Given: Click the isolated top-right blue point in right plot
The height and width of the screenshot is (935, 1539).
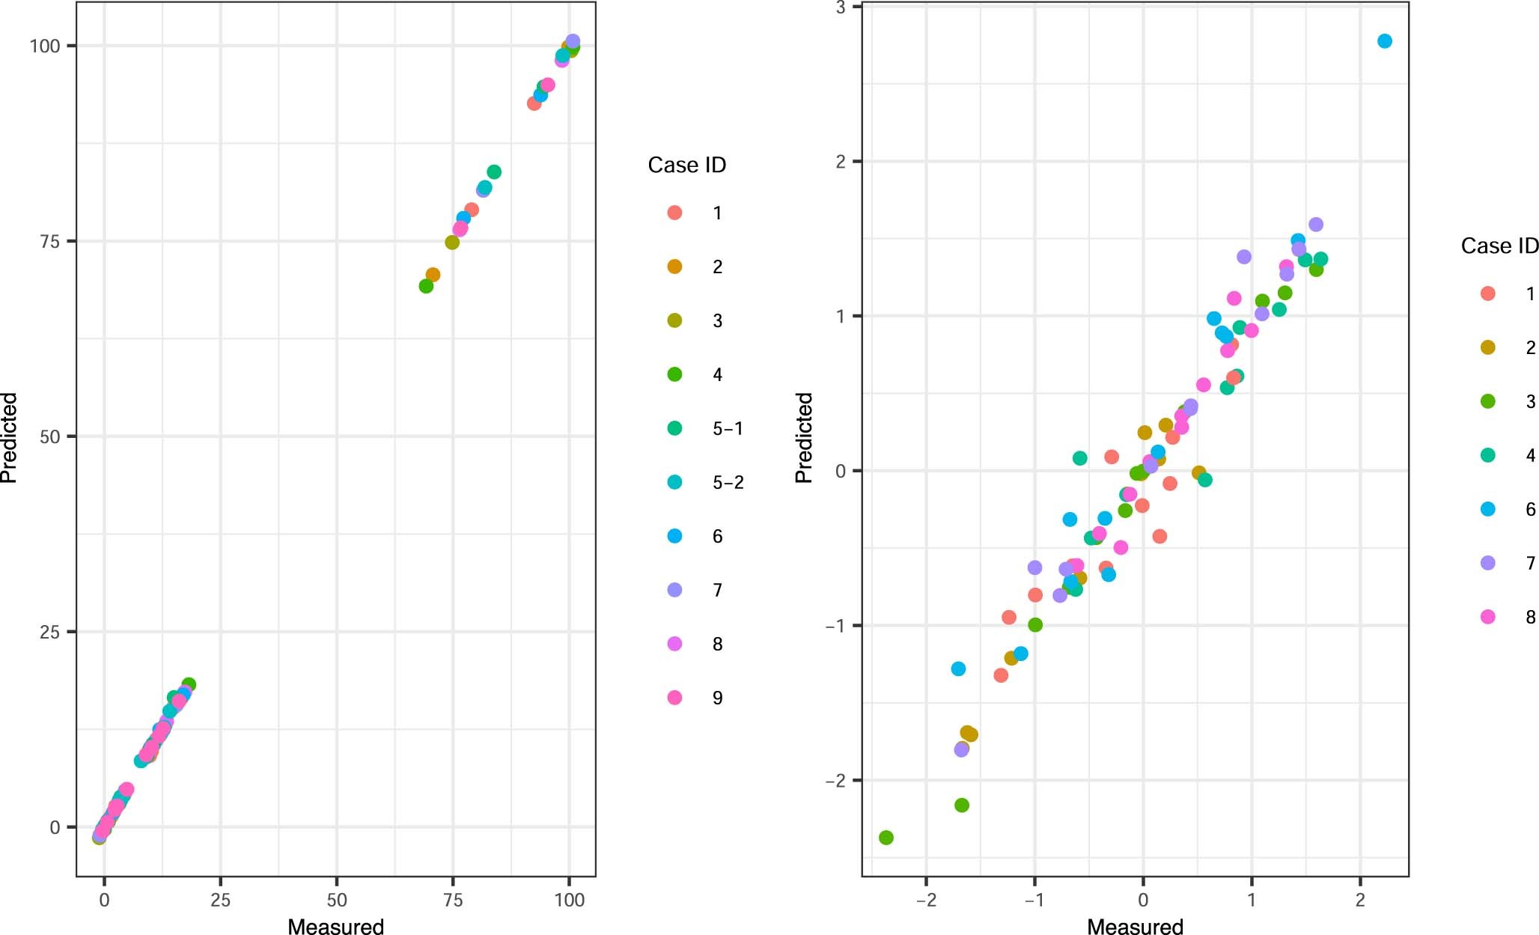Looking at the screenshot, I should pyautogui.click(x=1384, y=41).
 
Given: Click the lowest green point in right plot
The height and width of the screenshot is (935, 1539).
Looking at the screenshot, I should pyautogui.click(x=886, y=837).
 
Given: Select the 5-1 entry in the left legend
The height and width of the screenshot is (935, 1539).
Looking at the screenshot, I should pyautogui.click(x=727, y=428).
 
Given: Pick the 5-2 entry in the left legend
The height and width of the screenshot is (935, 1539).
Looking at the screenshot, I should pyautogui.click(x=727, y=482).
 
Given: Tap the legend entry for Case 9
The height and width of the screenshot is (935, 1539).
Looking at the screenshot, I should pyautogui.click(x=716, y=698).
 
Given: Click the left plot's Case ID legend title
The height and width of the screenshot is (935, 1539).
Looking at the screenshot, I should pyautogui.click(x=686, y=165).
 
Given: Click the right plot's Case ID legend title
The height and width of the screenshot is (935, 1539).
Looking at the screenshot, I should pyautogui.click(x=1499, y=246).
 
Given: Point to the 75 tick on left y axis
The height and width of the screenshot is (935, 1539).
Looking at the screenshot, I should pyautogui.click(x=49, y=241).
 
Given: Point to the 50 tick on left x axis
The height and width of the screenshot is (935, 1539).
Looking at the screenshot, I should pyautogui.click(x=337, y=899).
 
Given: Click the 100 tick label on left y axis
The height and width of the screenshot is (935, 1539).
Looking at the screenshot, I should pyautogui.click(x=44, y=46).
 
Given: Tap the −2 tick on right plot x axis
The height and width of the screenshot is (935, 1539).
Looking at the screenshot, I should pyautogui.click(x=926, y=899).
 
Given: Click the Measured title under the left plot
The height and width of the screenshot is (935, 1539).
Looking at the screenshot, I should pyautogui.click(x=335, y=926).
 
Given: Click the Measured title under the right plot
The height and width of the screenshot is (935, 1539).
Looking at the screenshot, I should pyautogui.click(x=1135, y=926).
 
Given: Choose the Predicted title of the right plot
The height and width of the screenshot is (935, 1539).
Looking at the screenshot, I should pyautogui.click(x=803, y=437).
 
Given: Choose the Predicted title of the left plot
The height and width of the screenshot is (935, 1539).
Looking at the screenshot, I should pyautogui.click(x=9, y=437).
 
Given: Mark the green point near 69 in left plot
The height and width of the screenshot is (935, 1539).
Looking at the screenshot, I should pyautogui.click(x=426, y=286).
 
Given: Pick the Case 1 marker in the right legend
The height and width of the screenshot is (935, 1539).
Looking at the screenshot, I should pyautogui.click(x=1488, y=293).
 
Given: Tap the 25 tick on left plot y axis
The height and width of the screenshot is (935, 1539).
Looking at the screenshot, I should pyautogui.click(x=49, y=632).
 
